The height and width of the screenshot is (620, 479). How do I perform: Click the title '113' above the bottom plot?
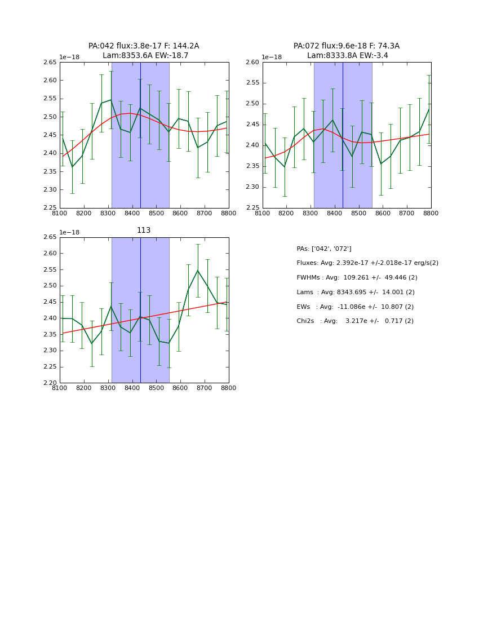pos(144,231)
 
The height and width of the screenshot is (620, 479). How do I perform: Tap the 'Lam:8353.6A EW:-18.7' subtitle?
pos(145,56)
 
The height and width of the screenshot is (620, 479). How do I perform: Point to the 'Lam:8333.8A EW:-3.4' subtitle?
pos(347,56)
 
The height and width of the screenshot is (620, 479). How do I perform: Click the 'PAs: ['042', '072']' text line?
pos(323,249)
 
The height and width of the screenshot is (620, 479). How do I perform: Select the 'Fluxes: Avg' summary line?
pos(367,263)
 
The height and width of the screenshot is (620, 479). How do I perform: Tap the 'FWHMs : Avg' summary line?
pos(357,278)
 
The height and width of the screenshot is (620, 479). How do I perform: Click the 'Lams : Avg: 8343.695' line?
pos(355,292)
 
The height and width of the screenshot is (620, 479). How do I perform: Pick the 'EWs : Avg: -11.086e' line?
pos(354,307)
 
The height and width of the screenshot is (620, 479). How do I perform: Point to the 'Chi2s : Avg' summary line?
pos(354,321)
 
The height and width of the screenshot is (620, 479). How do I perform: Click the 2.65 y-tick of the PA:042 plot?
pos(50,63)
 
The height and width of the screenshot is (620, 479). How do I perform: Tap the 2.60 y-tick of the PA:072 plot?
pos(252,63)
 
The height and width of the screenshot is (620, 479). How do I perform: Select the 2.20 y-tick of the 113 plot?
pos(50,383)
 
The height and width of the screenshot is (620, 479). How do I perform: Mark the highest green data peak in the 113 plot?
pos(198,271)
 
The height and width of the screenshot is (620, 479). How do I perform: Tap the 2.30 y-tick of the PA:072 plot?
pos(252,187)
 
